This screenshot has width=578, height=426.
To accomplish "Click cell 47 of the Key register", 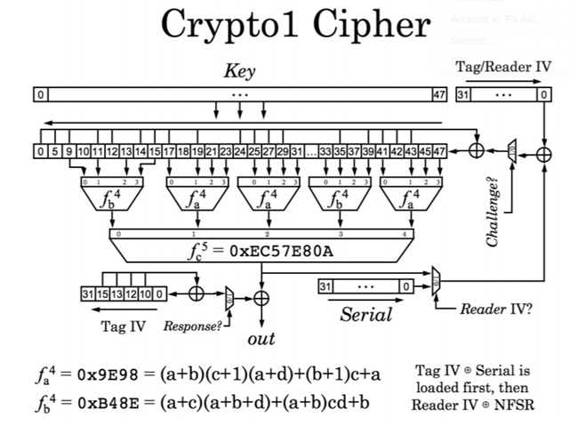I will (x=438, y=93).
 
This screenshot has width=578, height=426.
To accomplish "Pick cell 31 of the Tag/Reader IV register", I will (x=462, y=93).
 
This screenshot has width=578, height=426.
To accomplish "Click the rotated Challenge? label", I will (x=495, y=213).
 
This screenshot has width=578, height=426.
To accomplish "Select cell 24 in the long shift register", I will (x=240, y=151).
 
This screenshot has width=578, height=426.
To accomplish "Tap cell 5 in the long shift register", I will (x=55, y=151).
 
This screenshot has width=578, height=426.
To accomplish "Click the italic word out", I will (x=261, y=339).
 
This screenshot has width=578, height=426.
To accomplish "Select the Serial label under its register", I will (x=365, y=313).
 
